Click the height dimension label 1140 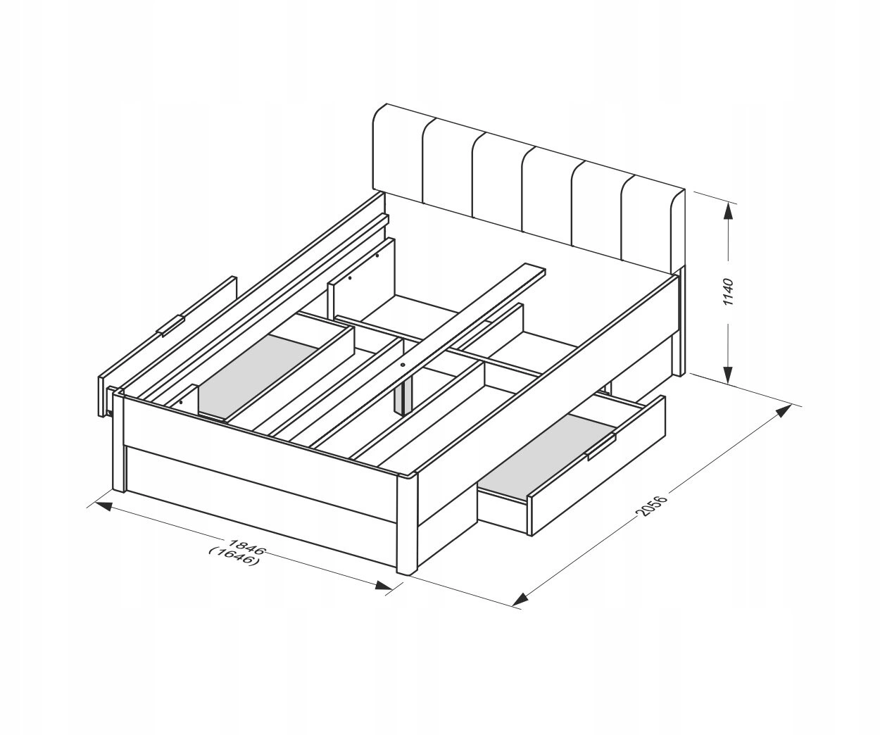[728, 291]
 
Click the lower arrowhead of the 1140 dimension [728, 375]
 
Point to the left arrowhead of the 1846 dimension [104, 506]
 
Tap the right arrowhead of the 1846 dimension [384, 585]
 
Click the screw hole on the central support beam [403, 364]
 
